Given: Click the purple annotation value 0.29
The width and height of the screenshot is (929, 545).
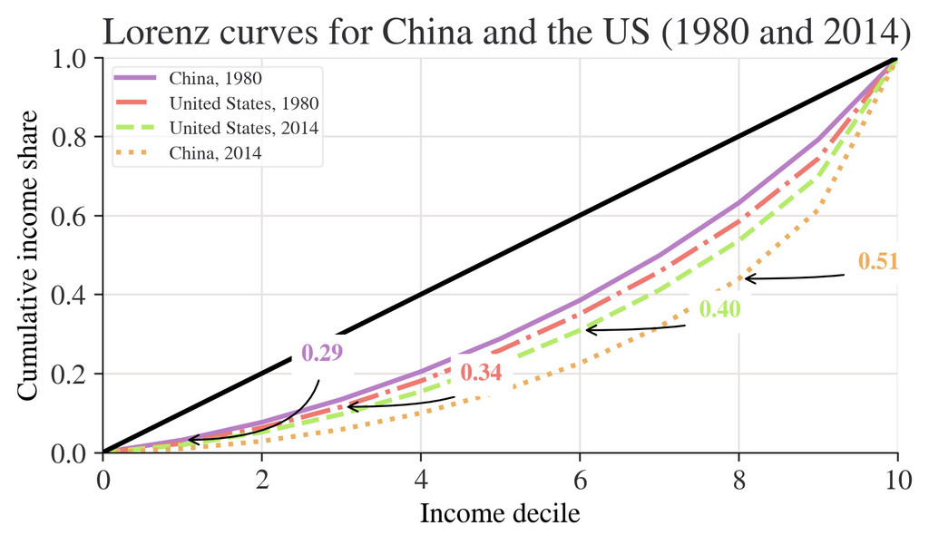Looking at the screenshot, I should click(x=321, y=353).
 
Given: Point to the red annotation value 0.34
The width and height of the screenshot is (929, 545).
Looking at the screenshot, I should click(x=481, y=373).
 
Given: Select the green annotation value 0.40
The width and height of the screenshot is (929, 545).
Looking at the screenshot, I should click(x=720, y=309).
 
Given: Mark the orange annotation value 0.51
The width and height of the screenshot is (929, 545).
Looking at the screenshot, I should click(x=878, y=262).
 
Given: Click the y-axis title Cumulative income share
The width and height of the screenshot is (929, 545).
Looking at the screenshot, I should click(x=28, y=256).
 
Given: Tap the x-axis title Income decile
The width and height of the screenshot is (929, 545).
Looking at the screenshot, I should click(x=500, y=515).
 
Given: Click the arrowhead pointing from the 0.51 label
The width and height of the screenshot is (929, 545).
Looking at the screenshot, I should click(x=746, y=278).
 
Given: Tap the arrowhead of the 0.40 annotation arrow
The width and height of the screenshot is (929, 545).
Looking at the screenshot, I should click(x=587, y=330).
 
